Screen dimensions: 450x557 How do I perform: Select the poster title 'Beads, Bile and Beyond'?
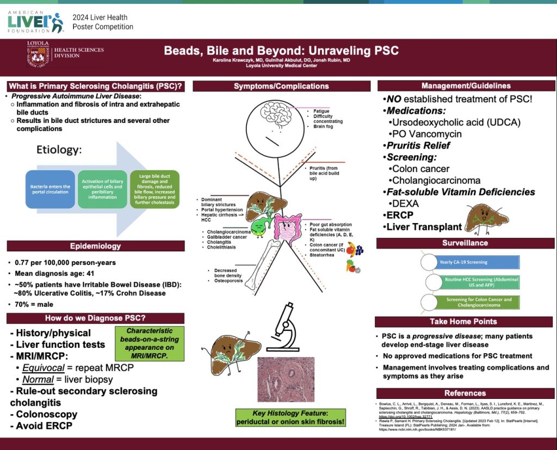click(282, 51)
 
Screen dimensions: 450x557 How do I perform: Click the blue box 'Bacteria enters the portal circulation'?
click(49, 189)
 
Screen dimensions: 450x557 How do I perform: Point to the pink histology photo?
click(286, 379)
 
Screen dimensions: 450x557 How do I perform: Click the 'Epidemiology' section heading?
click(95, 246)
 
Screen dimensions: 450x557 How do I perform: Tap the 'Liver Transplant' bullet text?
click(424, 227)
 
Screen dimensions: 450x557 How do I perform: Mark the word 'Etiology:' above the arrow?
click(59, 150)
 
